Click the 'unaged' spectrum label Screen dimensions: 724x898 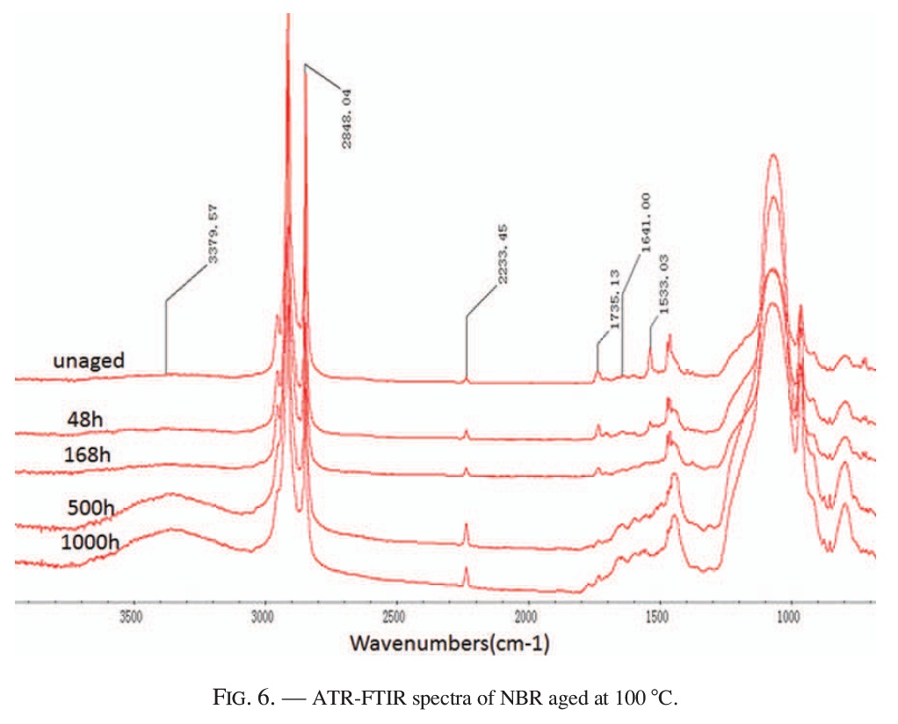[89, 360]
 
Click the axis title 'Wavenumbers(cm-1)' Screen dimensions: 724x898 [450, 644]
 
